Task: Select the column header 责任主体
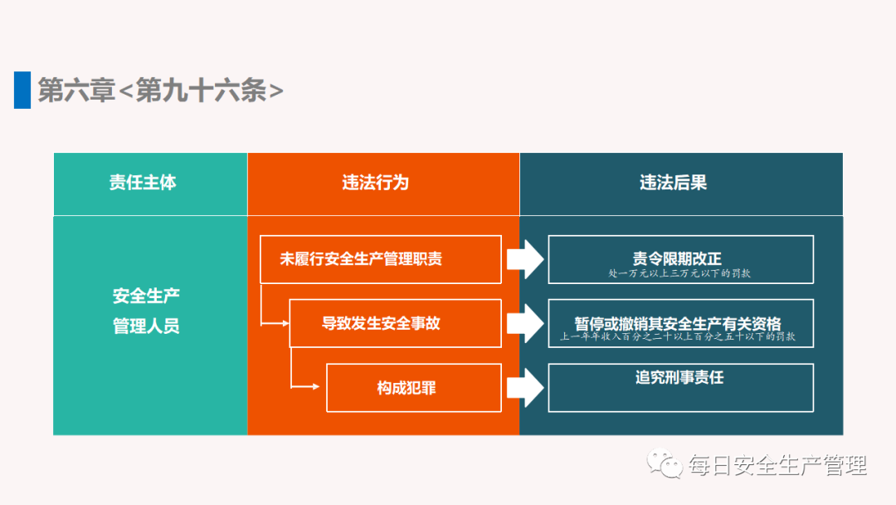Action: pyautogui.click(x=143, y=183)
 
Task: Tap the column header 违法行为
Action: pyautogui.click(x=376, y=183)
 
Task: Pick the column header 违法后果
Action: pyautogui.click(x=673, y=183)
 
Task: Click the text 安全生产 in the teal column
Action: pyautogui.click(x=146, y=297)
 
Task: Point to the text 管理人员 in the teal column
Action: pyautogui.click(x=146, y=326)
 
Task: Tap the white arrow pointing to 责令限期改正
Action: pyautogui.click(x=524, y=260)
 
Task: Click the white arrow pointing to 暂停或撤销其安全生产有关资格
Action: pyautogui.click(x=524, y=323)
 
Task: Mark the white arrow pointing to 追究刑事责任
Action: pyautogui.click(x=524, y=388)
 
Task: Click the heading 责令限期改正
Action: pyautogui.click(x=678, y=257)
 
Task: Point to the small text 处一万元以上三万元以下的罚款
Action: pyautogui.click(x=678, y=272)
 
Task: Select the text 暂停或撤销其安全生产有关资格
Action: pyautogui.click(x=678, y=322)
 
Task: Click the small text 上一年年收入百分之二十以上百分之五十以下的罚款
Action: pyautogui.click(x=678, y=337)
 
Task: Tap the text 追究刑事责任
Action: pyautogui.click(x=679, y=378)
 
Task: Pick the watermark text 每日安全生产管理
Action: pyautogui.click(x=777, y=465)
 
